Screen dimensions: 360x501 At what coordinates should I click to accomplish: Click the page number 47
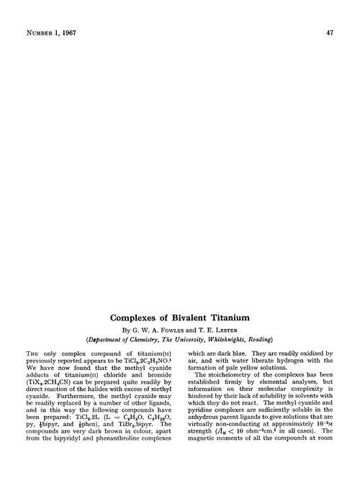pyautogui.click(x=329, y=32)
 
